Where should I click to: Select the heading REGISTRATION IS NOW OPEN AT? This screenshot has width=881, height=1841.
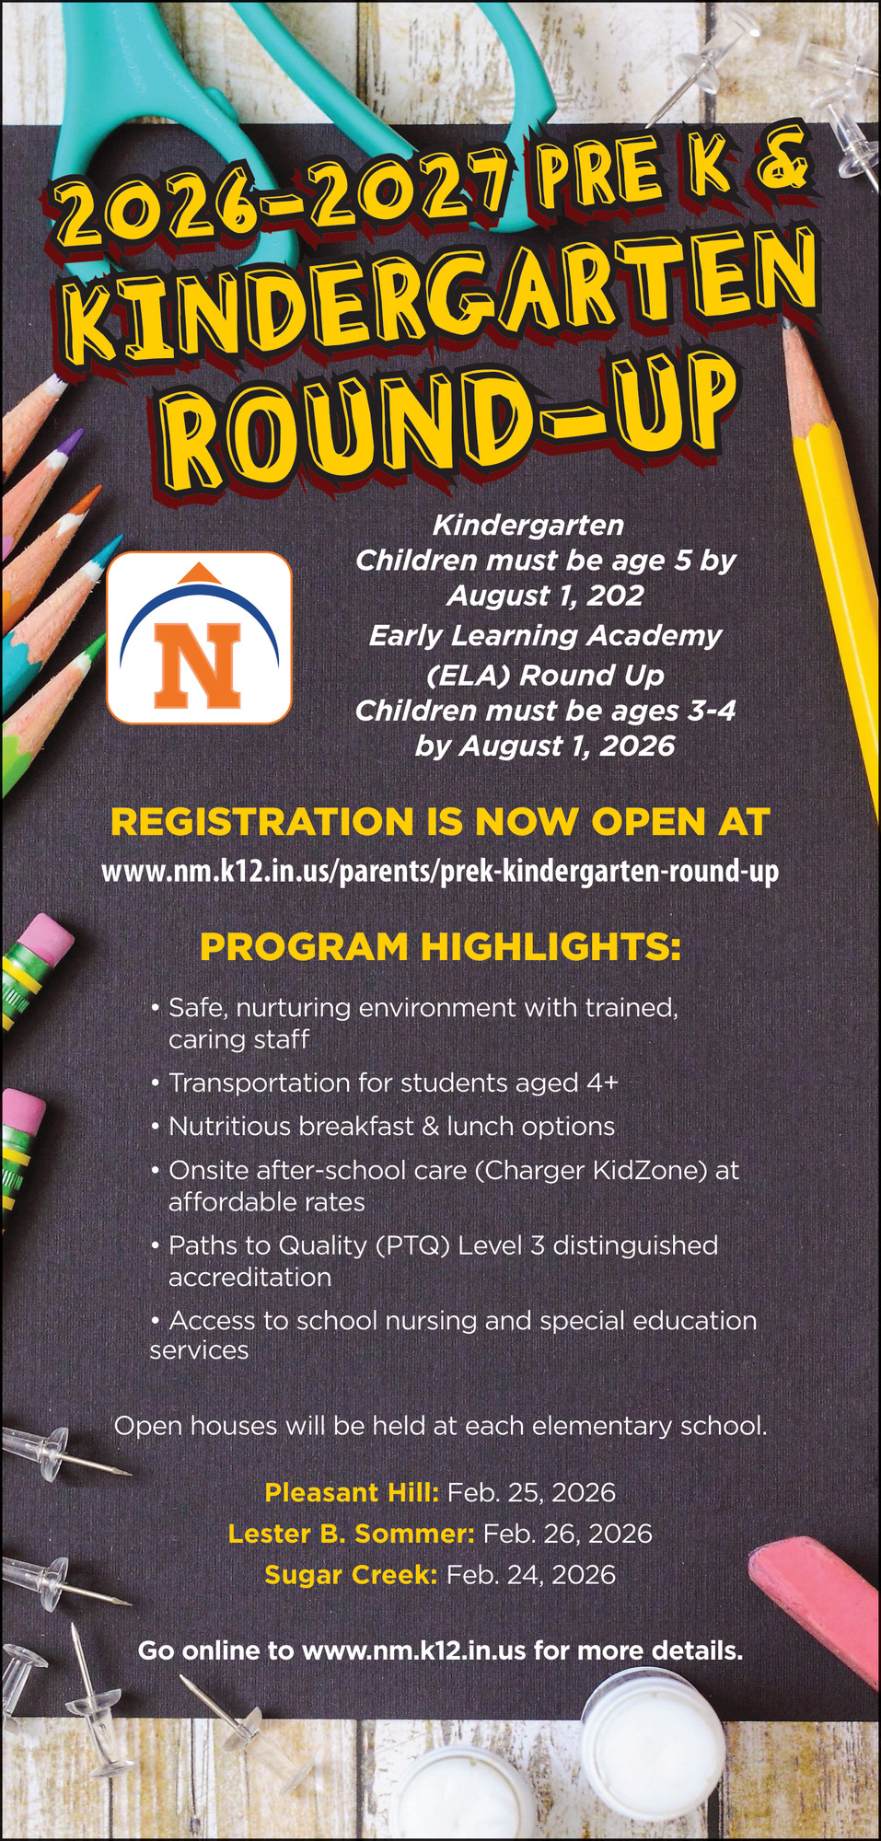point(440,822)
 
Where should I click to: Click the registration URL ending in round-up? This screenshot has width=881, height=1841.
point(440,871)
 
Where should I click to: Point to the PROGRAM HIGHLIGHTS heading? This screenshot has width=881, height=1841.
point(440,947)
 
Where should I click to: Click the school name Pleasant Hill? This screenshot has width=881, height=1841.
point(352,1492)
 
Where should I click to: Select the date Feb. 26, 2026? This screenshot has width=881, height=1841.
point(567,1534)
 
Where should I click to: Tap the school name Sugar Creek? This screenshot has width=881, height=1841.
point(351,1575)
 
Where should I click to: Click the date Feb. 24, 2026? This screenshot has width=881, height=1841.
point(530,1575)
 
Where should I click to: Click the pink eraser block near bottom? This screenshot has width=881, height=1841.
point(815,1597)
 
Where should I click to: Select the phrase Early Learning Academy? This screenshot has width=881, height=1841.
point(545,635)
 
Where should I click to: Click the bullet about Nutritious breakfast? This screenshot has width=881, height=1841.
point(391,1127)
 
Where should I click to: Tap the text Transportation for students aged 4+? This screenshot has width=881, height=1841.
point(393,1083)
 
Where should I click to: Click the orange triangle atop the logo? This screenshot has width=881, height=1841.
point(199,573)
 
